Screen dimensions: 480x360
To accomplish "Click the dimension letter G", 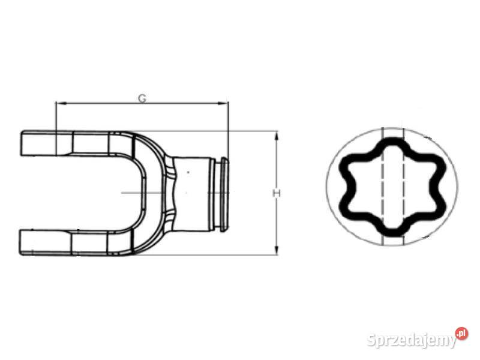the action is coord(142,98).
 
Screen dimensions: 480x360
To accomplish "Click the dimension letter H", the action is coord(277,193).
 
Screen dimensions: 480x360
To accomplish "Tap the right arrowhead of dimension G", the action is coord(223,103).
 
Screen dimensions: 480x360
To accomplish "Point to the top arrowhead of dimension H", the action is coord(277,136).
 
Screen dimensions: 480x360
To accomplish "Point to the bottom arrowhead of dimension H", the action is coord(277,250).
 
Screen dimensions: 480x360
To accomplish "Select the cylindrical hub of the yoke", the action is coord(192,193).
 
